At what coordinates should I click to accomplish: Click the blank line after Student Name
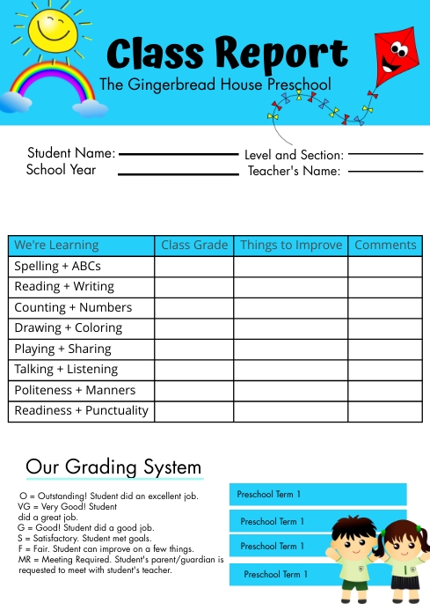(179, 154)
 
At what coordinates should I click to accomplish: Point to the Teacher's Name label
(294, 171)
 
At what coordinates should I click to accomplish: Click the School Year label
(61, 170)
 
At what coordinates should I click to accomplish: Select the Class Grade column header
(194, 246)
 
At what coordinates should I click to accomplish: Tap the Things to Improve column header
(291, 246)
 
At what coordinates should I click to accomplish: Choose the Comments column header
(385, 246)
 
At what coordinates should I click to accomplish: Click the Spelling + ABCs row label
(58, 266)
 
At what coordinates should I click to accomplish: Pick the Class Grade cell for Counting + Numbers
(194, 307)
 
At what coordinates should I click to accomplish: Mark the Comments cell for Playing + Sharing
(385, 349)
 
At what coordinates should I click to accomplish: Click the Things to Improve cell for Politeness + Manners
(291, 390)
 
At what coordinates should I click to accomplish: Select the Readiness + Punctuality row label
(82, 410)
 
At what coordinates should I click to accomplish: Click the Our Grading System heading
(113, 467)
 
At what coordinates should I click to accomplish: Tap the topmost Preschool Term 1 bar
(317, 495)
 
